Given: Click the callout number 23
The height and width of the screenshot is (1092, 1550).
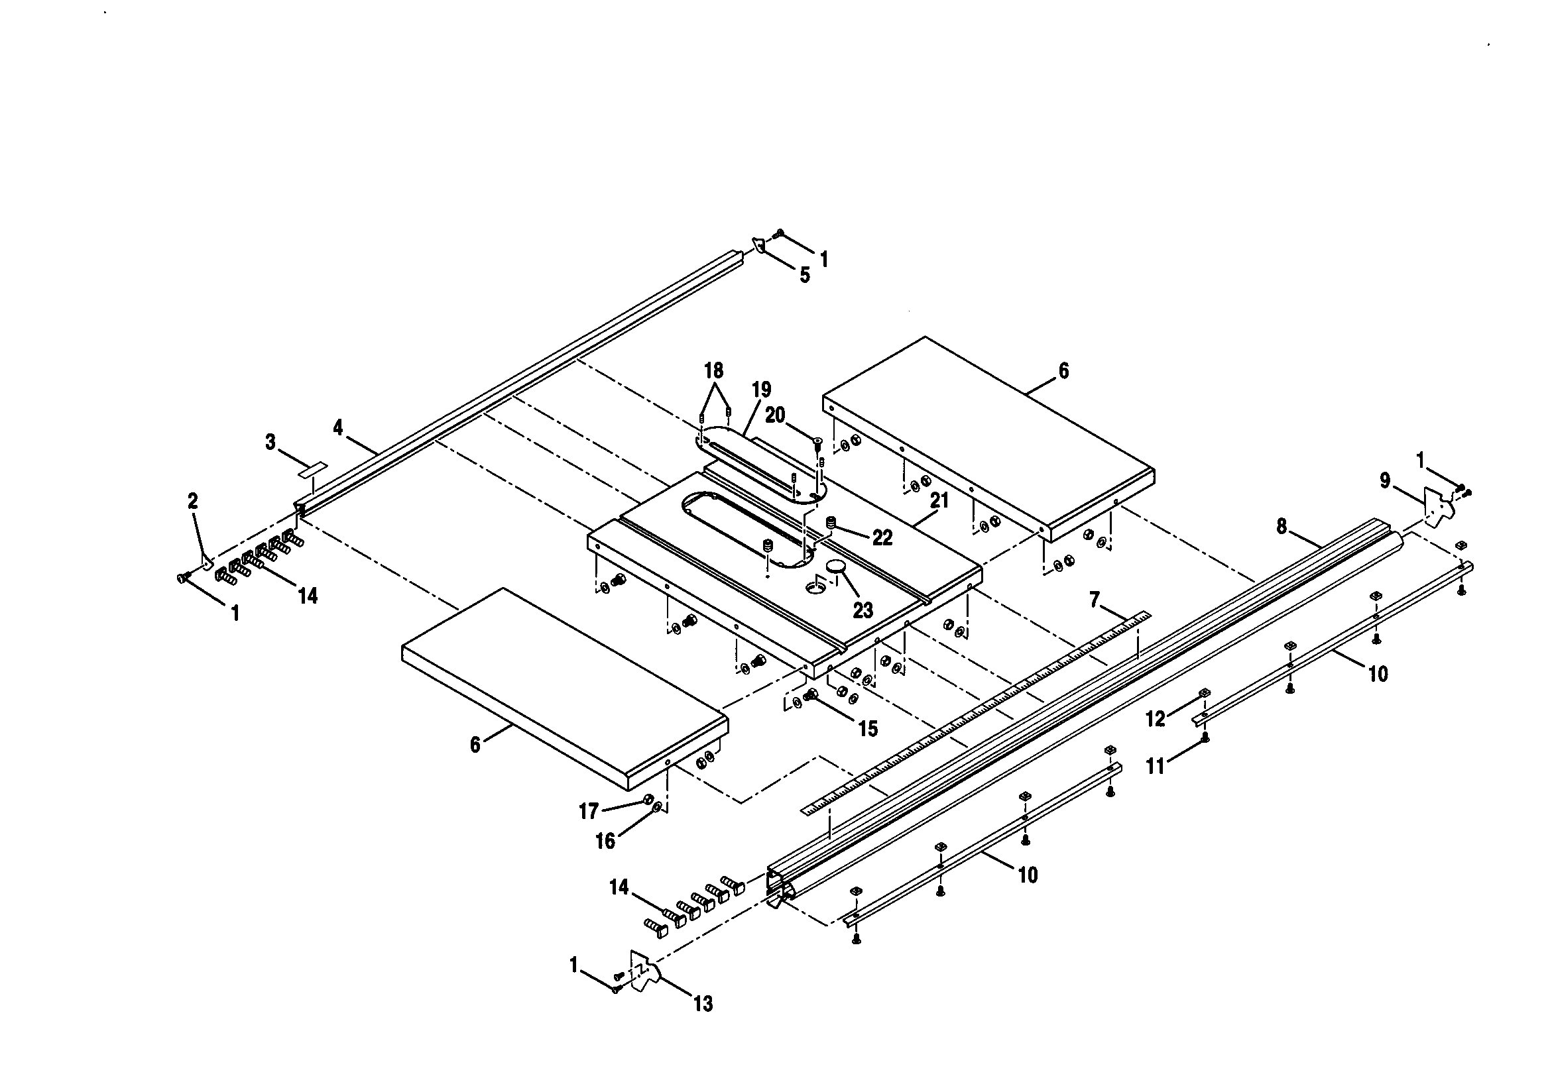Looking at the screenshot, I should pyautogui.click(x=863, y=610).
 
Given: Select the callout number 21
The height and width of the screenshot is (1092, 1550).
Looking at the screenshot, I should pyautogui.click(x=939, y=501).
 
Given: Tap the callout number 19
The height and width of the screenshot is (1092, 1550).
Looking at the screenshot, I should pyautogui.click(x=761, y=390).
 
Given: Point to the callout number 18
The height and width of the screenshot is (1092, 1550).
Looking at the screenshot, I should pyautogui.click(x=713, y=370).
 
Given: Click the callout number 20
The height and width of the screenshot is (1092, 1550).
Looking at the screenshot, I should pyautogui.click(x=775, y=415).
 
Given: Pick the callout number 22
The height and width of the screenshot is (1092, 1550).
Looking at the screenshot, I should pyautogui.click(x=882, y=538).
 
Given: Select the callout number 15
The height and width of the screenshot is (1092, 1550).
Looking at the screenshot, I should pyautogui.click(x=868, y=728).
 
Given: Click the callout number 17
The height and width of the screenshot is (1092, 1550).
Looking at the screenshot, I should pyautogui.click(x=589, y=811).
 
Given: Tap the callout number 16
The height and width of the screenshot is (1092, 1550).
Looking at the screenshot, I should pyautogui.click(x=605, y=841).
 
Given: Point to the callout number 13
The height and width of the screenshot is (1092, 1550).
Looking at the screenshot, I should pyautogui.click(x=703, y=1005).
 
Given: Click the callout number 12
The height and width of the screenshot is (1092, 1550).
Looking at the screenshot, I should pyautogui.click(x=1156, y=720).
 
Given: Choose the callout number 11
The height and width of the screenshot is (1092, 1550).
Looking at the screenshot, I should pyautogui.click(x=1156, y=766).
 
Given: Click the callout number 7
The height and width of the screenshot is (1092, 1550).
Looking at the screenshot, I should pyautogui.click(x=1095, y=598).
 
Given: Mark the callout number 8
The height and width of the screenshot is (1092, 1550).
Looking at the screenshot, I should pyautogui.click(x=1282, y=526).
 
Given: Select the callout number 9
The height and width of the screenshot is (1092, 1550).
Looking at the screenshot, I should pyautogui.click(x=1385, y=481).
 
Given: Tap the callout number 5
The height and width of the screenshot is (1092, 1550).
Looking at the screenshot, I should pyautogui.click(x=805, y=276).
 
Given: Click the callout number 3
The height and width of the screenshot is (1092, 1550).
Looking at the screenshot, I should pyautogui.click(x=270, y=443).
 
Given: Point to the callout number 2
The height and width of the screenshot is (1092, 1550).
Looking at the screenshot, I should pyautogui.click(x=193, y=501).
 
